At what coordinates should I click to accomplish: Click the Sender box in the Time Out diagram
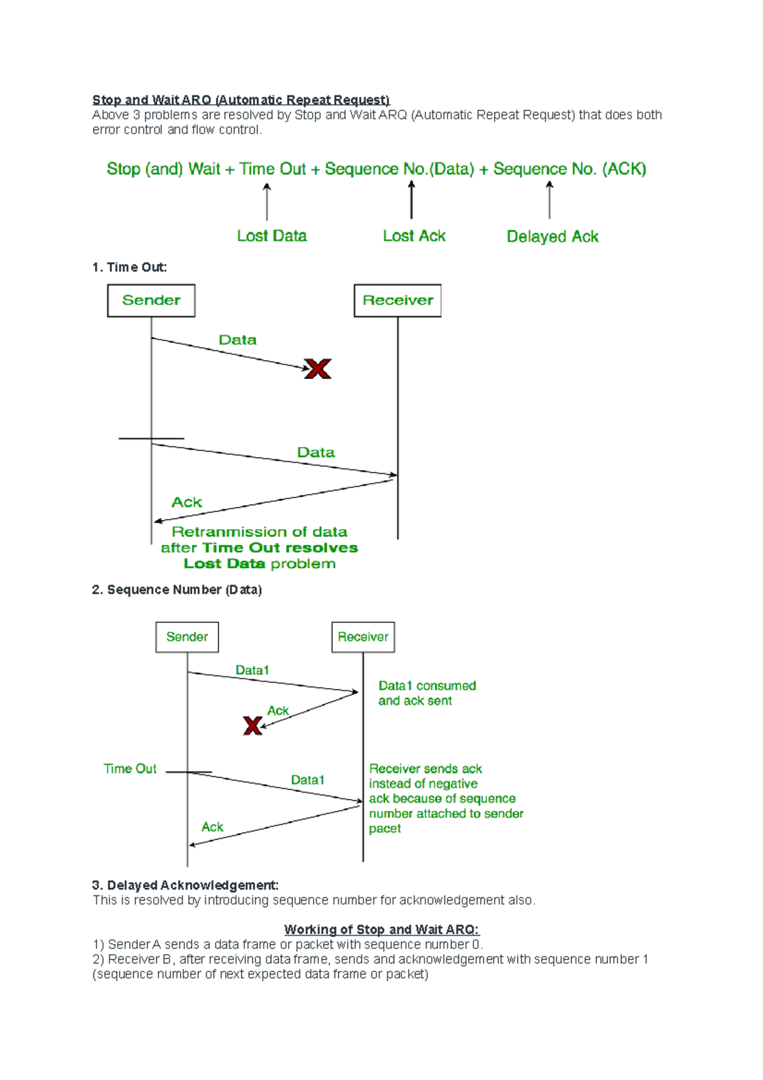click(x=151, y=301)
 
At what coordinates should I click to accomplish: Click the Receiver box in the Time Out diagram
click(x=397, y=301)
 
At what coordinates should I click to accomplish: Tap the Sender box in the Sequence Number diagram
click(x=187, y=637)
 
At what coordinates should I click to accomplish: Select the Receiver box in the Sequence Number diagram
click(x=363, y=637)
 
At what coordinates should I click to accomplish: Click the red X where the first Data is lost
click(x=318, y=369)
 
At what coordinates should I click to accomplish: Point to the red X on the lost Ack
click(x=252, y=726)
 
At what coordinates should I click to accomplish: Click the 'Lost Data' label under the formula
click(x=272, y=236)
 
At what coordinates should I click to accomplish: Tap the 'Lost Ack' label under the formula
click(x=414, y=236)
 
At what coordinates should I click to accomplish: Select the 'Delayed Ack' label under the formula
click(x=553, y=237)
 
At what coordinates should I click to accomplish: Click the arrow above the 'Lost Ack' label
click(x=411, y=200)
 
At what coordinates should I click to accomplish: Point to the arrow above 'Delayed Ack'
click(x=549, y=200)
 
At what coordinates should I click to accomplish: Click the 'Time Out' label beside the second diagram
click(x=130, y=769)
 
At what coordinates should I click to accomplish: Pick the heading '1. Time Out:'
click(x=130, y=267)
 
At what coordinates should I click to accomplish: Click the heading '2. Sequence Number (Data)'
click(x=177, y=590)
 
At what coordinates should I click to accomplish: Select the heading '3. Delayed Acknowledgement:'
click(x=185, y=885)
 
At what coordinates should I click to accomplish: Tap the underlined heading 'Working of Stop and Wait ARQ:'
click(x=381, y=929)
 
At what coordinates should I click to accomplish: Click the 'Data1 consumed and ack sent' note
click(x=427, y=693)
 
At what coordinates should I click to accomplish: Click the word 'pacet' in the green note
click(x=385, y=829)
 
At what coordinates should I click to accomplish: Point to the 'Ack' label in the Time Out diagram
click(x=186, y=502)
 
